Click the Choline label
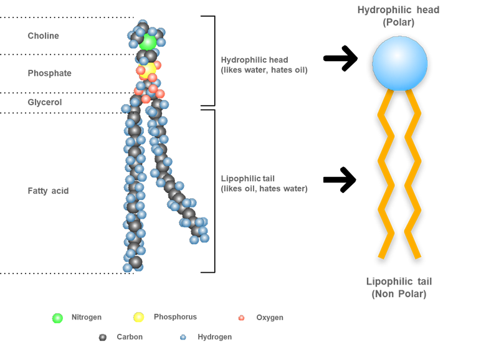43,36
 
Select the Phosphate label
49,73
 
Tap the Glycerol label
45,102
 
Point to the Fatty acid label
48,191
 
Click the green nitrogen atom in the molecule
148,42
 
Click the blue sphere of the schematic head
399,62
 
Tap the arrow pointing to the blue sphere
340,59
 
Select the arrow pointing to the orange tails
340,180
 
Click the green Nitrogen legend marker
57,318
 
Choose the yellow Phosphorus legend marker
139,318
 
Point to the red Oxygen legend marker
241,318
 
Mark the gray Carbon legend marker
103,338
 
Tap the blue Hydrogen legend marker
183,338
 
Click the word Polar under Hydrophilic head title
399,22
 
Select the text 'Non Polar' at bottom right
399,294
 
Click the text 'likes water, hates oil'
264,70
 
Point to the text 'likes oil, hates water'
264,189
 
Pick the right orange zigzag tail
412,174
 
